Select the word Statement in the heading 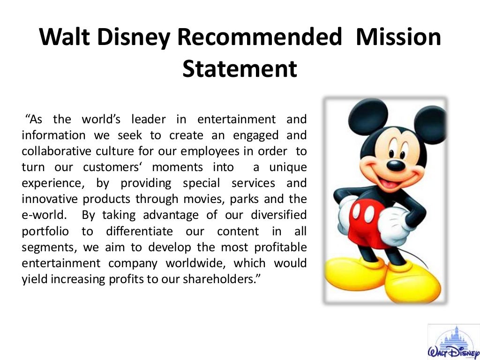pos(240,69)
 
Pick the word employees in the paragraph pos(213,151)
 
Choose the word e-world pos(44,215)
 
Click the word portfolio pos(45,231)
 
